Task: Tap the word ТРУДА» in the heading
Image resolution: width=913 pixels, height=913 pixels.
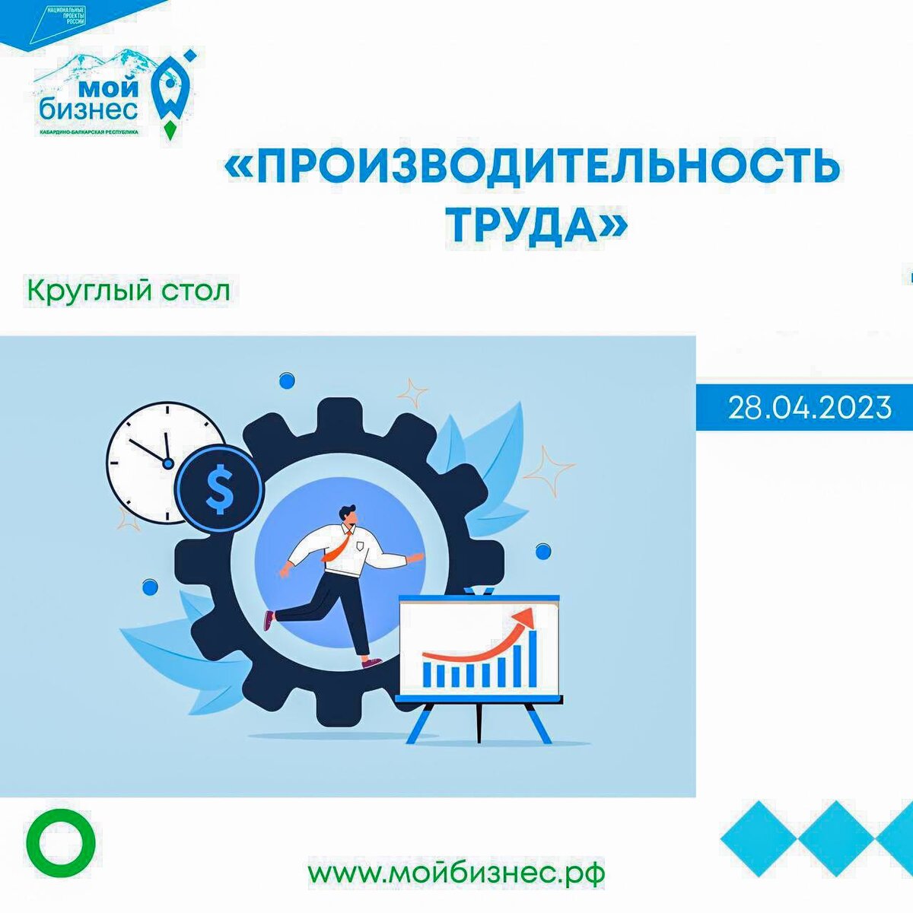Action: point(536,225)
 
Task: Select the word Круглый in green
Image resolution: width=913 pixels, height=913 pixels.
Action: point(89,291)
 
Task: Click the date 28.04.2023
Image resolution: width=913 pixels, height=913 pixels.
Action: point(810,408)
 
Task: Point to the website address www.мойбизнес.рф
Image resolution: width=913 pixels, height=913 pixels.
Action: point(456,872)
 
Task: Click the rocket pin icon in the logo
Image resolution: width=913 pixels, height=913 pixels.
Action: point(171,95)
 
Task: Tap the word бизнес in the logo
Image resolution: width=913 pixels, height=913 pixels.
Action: point(89,110)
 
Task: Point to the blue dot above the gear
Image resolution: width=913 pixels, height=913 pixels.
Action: point(287,379)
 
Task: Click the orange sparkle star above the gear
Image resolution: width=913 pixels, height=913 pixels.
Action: point(413,393)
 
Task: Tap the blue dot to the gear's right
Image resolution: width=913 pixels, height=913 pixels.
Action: point(543,550)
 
